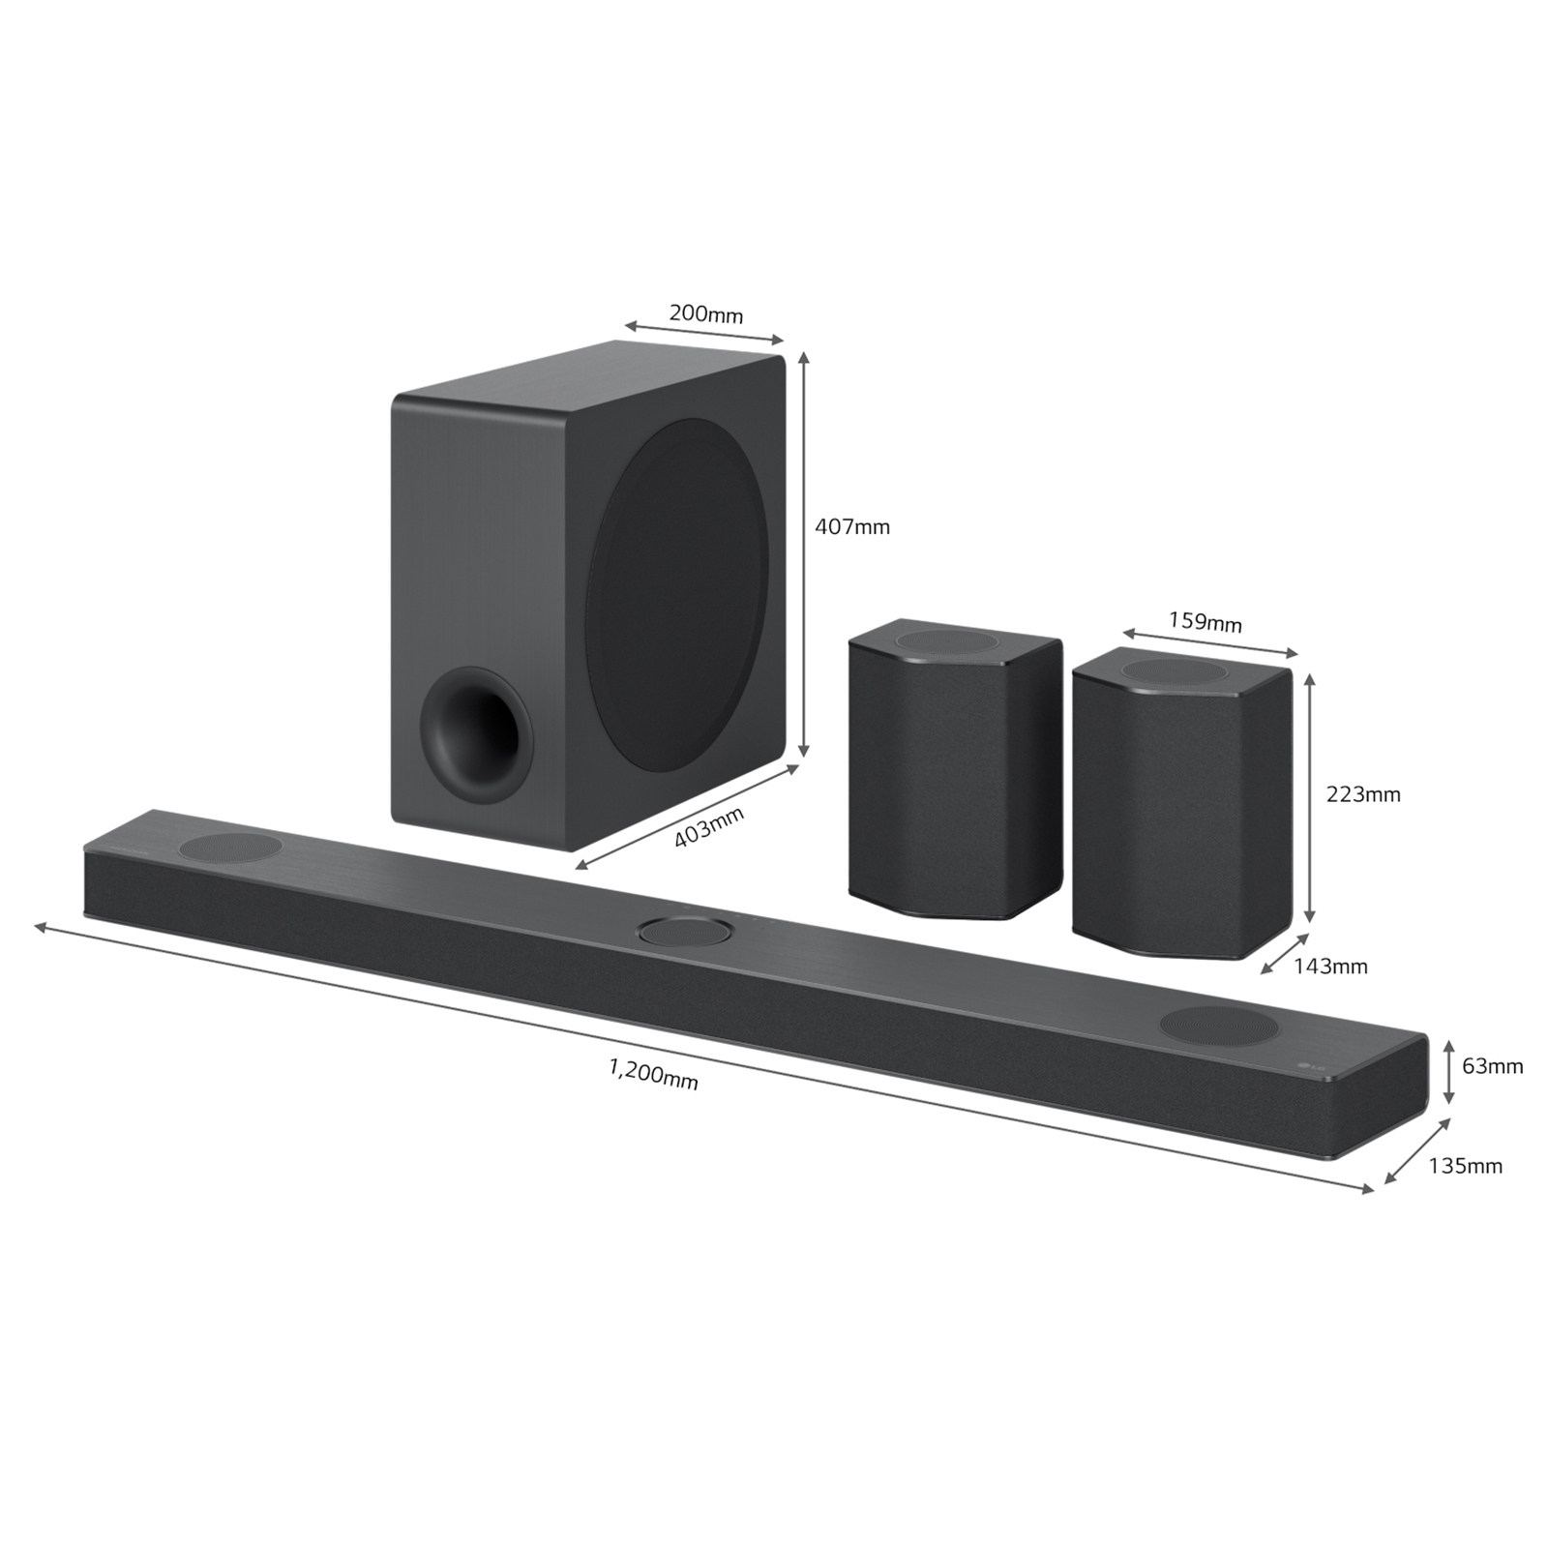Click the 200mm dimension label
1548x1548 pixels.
[x=705, y=313]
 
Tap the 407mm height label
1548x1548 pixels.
[x=851, y=527]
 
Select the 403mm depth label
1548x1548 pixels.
[x=708, y=827]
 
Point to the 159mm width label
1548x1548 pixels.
[x=1205, y=621]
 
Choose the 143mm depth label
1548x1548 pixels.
[x=1330, y=966]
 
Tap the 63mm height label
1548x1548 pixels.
[x=1492, y=1066]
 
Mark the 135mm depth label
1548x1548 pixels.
[x=1465, y=1166]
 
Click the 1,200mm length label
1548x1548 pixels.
[x=653, y=1073]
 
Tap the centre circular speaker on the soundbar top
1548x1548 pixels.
[x=684, y=932]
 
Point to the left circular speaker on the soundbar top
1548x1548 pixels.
[x=230, y=848]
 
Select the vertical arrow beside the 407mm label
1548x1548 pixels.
[x=803, y=555]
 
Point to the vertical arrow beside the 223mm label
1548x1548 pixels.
[x=1310, y=798]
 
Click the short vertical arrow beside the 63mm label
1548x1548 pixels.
[x=1448, y=1071]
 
